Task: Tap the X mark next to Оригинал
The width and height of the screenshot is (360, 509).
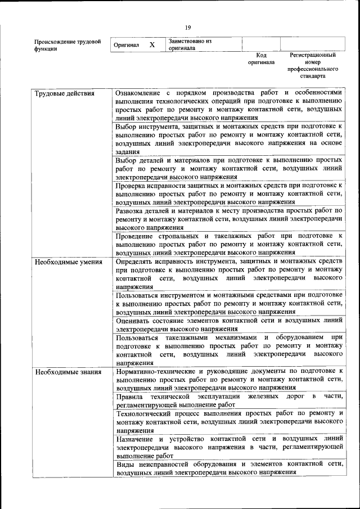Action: click(x=152, y=44)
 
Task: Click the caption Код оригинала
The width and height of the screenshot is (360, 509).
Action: click(x=261, y=58)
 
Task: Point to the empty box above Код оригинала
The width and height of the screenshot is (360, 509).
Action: click(x=261, y=44)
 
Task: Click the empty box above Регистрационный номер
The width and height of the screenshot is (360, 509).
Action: click(x=313, y=44)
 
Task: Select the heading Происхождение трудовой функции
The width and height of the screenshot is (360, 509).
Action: click(x=67, y=45)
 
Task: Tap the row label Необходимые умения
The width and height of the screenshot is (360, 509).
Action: click(x=68, y=262)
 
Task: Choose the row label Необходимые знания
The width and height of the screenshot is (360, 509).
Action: click(x=67, y=372)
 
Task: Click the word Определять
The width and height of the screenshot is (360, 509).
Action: click(x=135, y=262)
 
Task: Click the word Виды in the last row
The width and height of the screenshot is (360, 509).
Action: click(x=125, y=464)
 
